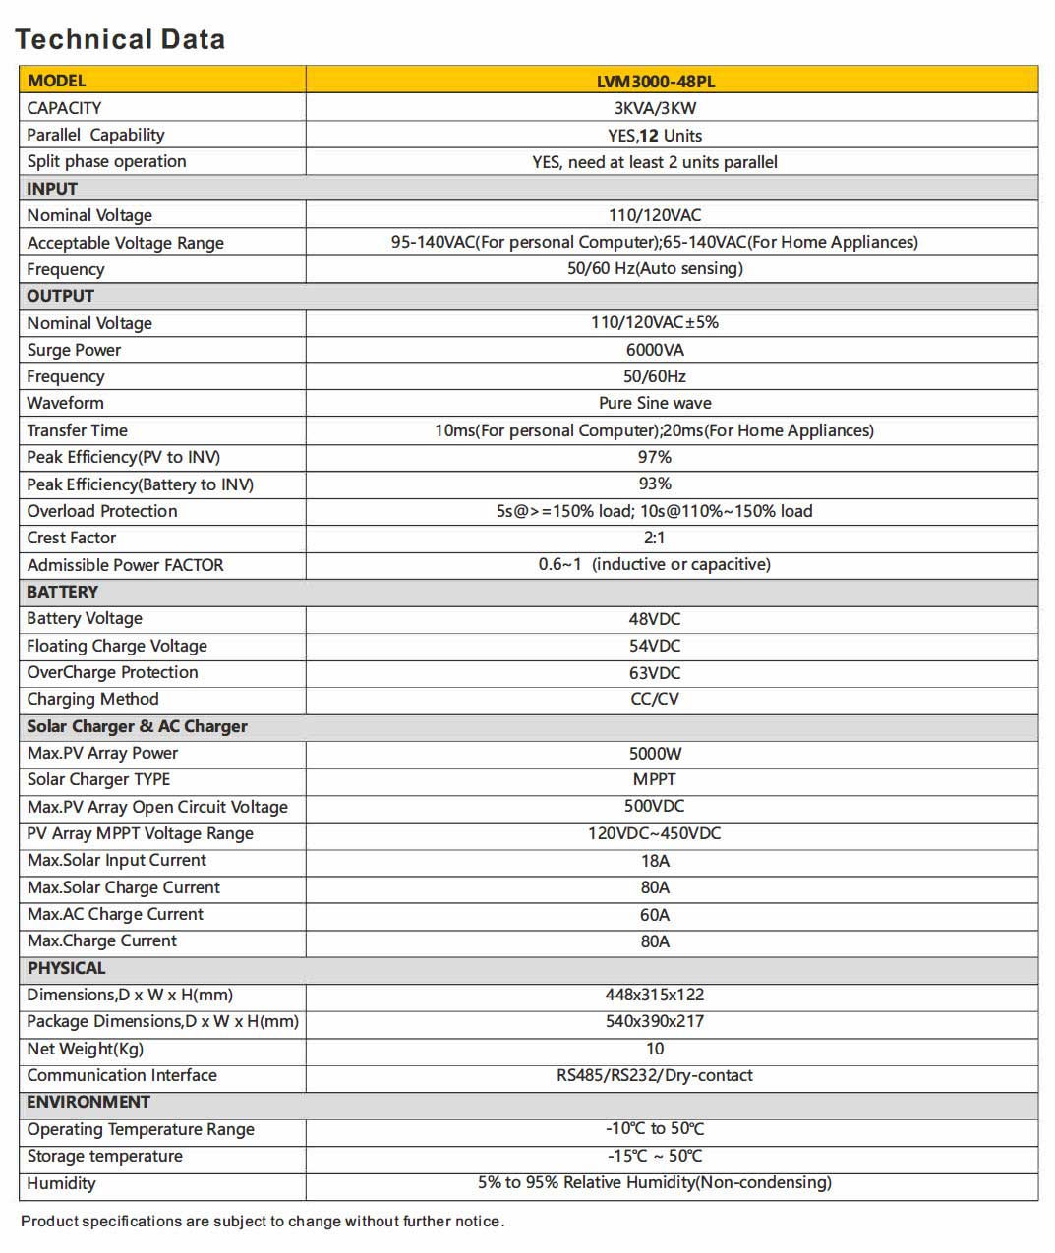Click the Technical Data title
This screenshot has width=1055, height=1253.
[120, 39]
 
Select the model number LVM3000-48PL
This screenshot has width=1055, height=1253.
[655, 82]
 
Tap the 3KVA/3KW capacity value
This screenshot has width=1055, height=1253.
[655, 108]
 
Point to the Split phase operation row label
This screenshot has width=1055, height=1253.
[106, 161]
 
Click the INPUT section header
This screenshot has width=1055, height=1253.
[52, 189]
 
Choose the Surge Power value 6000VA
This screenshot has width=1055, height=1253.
[655, 350]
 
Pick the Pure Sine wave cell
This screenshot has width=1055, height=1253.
[655, 403]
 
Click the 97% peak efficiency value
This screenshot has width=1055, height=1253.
[655, 457]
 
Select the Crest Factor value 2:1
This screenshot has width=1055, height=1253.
[655, 538]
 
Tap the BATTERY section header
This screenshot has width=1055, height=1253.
[62, 592]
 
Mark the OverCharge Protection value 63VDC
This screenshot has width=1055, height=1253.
[655, 673]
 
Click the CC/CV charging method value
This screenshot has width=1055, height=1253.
[655, 699]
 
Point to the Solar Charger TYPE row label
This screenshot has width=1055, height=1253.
[98, 779]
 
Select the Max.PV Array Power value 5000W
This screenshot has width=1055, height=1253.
[655, 754]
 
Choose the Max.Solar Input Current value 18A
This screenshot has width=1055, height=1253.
[655, 861]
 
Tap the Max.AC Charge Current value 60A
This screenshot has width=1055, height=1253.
[655, 915]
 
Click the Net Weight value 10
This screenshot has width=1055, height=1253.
[655, 1049]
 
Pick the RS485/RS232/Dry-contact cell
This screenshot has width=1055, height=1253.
[655, 1075]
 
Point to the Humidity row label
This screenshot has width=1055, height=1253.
[61, 1183]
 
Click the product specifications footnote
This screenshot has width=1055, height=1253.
[263, 1222]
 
